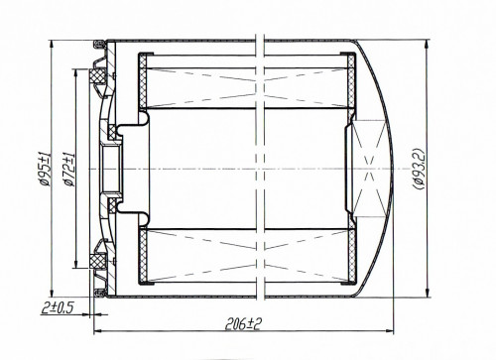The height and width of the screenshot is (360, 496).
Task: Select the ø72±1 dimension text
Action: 69,170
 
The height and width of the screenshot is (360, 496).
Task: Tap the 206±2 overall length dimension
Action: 243,324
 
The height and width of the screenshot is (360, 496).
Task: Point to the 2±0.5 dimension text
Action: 57,308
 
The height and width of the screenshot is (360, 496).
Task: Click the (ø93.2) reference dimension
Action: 419,169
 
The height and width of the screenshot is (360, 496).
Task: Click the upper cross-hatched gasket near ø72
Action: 96,76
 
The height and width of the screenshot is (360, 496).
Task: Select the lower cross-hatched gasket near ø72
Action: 96,261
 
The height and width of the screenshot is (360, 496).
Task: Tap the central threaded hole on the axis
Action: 111,170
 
